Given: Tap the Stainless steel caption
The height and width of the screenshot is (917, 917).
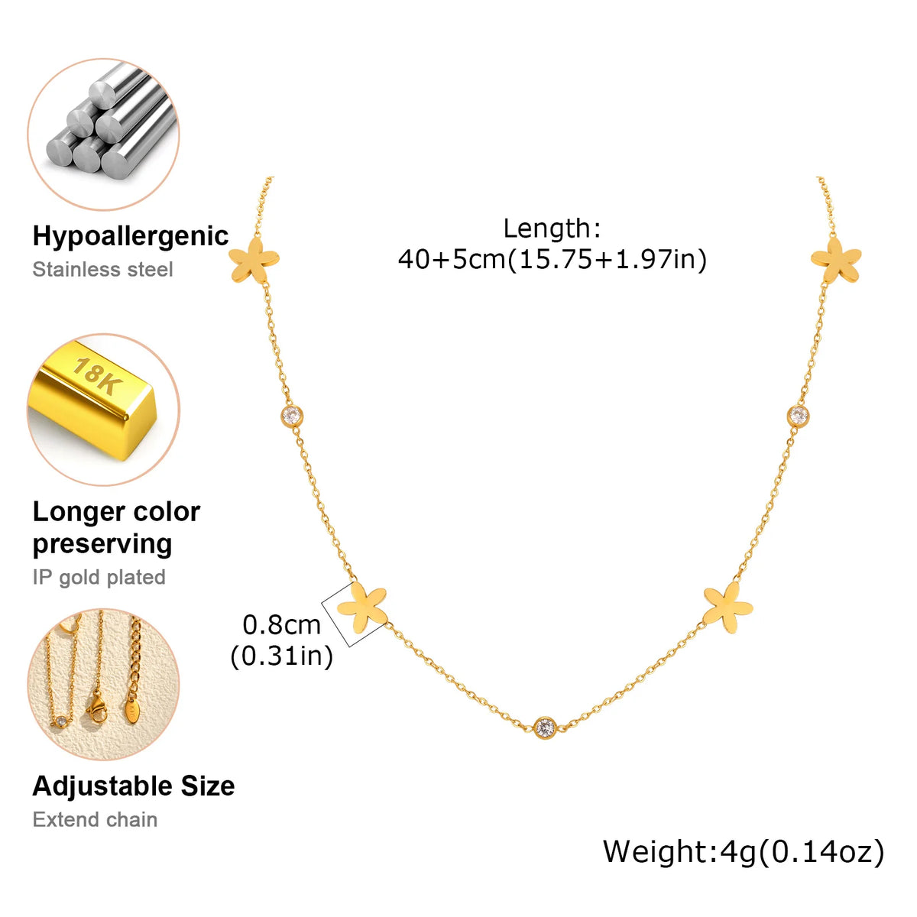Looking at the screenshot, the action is (x=102, y=270).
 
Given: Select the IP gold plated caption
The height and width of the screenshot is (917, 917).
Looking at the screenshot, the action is (x=99, y=577).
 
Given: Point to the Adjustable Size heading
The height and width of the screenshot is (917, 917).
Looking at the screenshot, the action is (x=134, y=786).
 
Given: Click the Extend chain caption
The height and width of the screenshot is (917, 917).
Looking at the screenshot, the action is (x=96, y=820).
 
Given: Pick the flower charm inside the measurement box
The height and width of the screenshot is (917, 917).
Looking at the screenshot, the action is (x=362, y=608).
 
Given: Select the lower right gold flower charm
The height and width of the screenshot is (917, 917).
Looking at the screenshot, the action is (x=728, y=608).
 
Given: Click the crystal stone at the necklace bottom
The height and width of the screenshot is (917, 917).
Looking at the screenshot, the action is (x=545, y=727).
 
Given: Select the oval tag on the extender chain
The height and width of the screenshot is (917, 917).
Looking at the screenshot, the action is (x=131, y=711).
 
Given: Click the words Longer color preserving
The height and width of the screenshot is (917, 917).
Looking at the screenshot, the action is (x=117, y=528).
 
